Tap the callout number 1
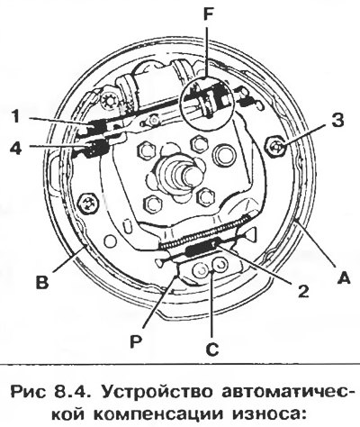(15, 116)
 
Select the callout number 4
(15, 148)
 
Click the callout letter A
(344, 277)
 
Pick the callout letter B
(42, 282)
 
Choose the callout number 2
(303, 290)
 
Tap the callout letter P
(136, 341)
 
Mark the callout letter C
(212, 350)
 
